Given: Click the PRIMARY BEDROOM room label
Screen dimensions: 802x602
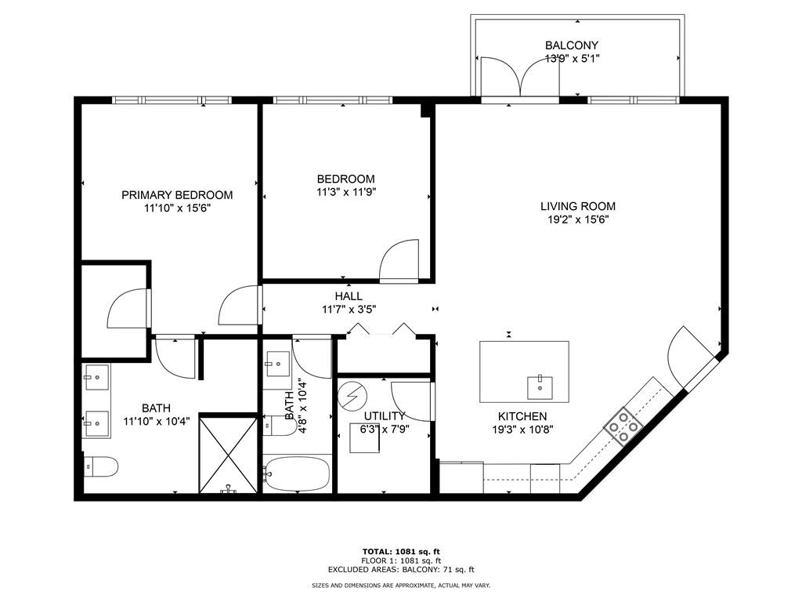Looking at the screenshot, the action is (x=177, y=195).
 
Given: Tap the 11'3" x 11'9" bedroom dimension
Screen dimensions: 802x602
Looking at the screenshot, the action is (x=346, y=193).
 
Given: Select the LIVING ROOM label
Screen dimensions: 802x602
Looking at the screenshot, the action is (x=578, y=206).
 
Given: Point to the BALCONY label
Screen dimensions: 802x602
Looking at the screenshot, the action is (x=571, y=45).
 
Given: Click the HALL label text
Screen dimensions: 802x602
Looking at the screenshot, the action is (x=349, y=296).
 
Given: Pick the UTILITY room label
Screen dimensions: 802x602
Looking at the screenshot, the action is (x=384, y=415).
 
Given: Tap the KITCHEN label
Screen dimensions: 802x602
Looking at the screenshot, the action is (x=522, y=416).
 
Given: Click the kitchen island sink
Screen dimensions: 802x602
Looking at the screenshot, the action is (x=540, y=387).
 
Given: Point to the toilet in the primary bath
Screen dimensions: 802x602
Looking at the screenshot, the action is (x=101, y=466).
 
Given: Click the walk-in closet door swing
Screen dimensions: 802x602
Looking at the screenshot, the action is (x=128, y=308).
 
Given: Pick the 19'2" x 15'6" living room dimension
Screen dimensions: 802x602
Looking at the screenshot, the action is (x=578, y=219).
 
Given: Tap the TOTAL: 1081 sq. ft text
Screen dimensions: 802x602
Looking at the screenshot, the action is (x=401, y=551).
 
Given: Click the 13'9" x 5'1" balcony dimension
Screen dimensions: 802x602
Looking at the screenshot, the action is (x=572, y=58).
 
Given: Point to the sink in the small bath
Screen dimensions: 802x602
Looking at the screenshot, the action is (x=278, y=364).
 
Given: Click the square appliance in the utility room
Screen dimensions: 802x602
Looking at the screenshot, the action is (x=365, y=438).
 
